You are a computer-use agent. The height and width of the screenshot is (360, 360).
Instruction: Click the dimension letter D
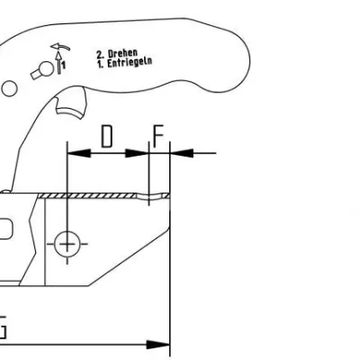[107, 137]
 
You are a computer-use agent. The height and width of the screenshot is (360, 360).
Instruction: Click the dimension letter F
[158, 136]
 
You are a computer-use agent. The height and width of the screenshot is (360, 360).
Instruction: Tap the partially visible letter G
[3, 327]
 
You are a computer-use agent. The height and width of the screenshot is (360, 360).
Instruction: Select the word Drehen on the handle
[122, 53]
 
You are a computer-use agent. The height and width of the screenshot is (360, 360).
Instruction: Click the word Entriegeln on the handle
[130, 62]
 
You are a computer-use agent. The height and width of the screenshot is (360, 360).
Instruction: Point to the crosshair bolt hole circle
[67, 244]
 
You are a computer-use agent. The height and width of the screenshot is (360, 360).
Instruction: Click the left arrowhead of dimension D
[79, 153]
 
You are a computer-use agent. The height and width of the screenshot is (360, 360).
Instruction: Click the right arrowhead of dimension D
[137, 153]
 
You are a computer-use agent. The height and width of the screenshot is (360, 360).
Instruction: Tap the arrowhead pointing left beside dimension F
[182, 153]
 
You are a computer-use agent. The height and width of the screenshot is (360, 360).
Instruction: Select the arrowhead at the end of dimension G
[158, 345]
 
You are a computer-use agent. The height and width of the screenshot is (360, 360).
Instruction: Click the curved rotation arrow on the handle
[60, 47]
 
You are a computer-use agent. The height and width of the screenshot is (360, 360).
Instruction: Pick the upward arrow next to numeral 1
[59, 63]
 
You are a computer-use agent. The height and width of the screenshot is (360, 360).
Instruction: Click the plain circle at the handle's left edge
[9, 89]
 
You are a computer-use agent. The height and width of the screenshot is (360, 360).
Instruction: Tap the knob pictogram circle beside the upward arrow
[47, 68]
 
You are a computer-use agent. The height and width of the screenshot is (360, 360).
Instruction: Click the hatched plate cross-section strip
[87, 196]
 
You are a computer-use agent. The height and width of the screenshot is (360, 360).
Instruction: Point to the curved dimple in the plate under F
[149, 197]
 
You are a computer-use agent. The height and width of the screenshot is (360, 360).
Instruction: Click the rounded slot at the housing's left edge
[6, 229]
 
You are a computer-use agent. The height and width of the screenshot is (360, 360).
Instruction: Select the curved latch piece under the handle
[71, 112]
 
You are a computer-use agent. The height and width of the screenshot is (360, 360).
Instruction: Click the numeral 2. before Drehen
[100, 55]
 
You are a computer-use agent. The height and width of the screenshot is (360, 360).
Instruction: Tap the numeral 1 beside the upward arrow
[64, 65]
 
